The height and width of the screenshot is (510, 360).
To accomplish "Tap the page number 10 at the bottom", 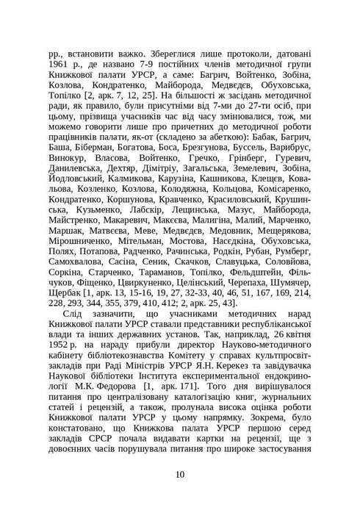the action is pos(180,473).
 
